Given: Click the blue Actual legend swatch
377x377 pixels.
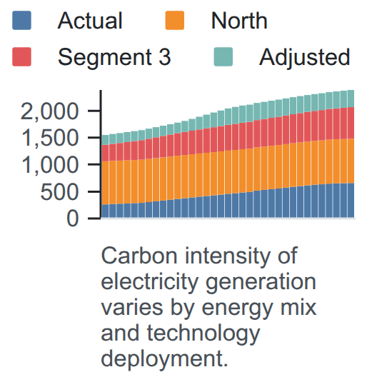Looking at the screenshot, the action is pos(21,20).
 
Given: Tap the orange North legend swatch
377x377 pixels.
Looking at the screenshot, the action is pos(175,20).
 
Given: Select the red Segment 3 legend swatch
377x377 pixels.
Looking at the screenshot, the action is pos(21,56).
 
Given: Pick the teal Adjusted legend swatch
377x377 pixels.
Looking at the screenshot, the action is pos(223,56).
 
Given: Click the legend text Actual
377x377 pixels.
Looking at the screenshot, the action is pos(90,21).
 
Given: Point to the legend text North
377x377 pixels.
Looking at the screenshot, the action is pos(239,21).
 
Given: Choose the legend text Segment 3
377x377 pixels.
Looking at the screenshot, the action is pos(114,57).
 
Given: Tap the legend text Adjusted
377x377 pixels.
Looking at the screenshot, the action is pos(305,57).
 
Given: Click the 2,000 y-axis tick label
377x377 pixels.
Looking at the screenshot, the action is pos(49,111).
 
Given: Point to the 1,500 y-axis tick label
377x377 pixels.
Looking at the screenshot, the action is pos(50,138).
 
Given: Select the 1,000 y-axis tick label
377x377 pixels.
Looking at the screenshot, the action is pos(50,165).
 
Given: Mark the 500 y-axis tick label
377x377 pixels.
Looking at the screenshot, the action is pos(60,192).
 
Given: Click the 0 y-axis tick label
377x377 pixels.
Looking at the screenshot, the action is pos(73,218).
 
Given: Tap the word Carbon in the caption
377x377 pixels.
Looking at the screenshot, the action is pos(139,256).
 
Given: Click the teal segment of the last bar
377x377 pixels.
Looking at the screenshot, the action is pos(351,99).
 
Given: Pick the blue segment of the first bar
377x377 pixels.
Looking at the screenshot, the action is pos(105,211).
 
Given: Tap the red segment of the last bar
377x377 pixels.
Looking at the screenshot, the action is pos(351,123).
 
